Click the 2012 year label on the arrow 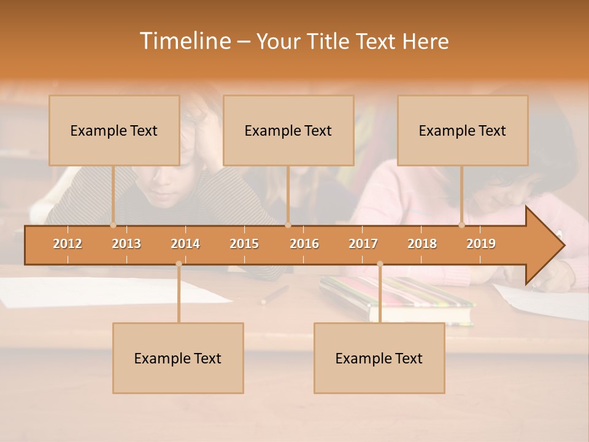coord(67,244)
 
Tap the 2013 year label coord(126,244)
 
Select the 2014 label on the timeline coord(185,244)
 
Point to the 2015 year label coord(244,244)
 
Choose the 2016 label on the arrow coord(304,244)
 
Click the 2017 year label coord(363,244)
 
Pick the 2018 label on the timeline coord(422,244)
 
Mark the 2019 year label coord(481,244)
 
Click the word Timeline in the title coord(184,41)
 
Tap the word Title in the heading coord(329,42)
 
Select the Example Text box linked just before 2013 coord(114,130)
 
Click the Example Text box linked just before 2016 coord(288,130)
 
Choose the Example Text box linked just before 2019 coord(463,130)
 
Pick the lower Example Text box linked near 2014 coord(178,358)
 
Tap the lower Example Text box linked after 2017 coord(379,358)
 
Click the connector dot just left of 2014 coord(179,264)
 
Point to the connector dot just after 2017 coord(380,264)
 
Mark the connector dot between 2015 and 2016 coord(288,225)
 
